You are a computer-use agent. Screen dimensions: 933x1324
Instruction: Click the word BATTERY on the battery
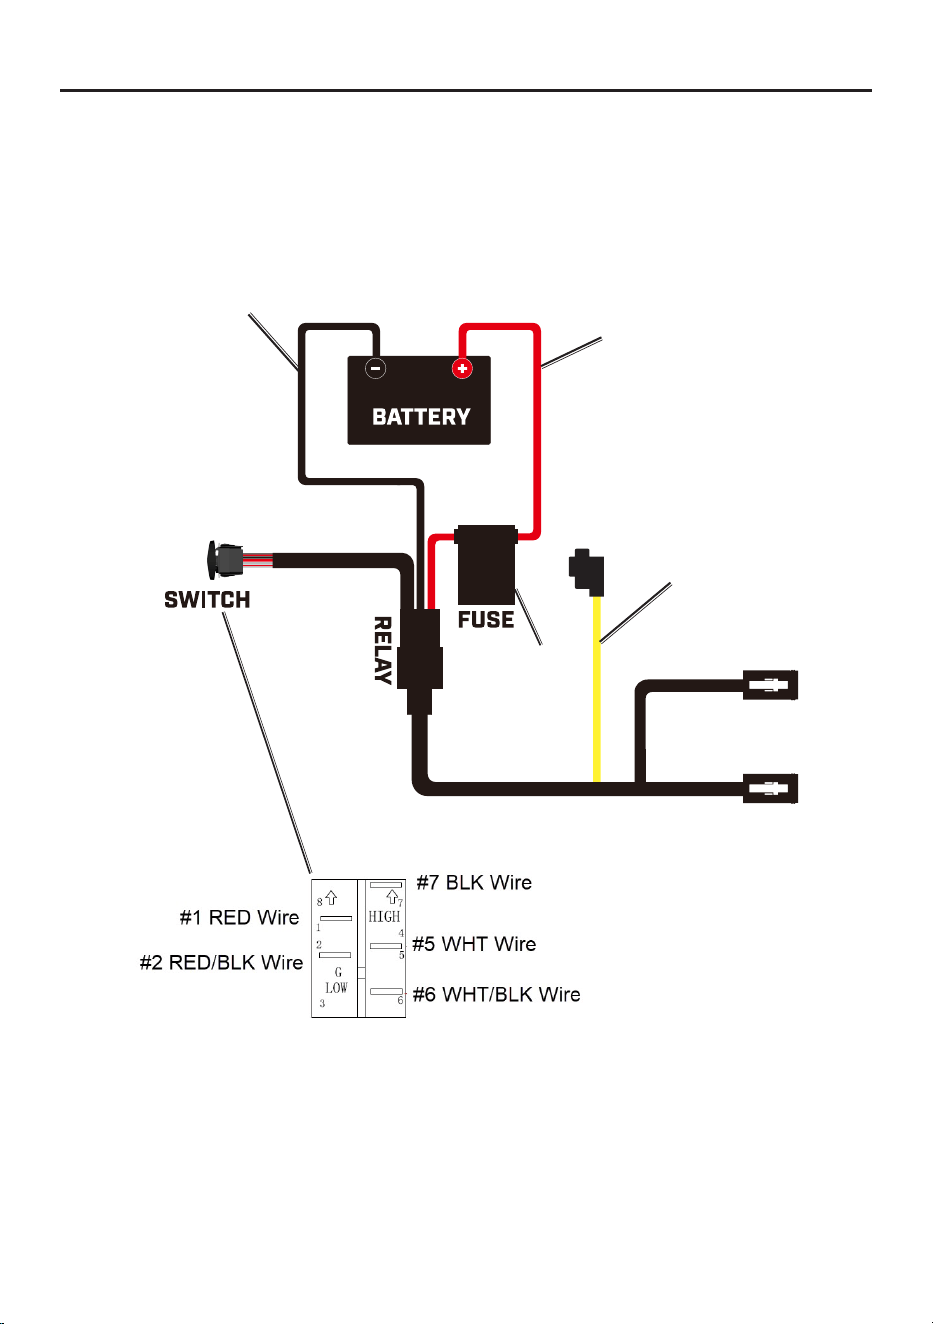pyautogui.click(x=420, y=417)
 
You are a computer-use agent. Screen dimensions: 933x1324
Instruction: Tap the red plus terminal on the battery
pyautogui.click(x=462, y=369)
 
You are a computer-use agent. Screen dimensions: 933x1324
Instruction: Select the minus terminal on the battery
pyautogui.click(x=375, y=369)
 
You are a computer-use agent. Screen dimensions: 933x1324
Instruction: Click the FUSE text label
pyautogui.click(x=486, y=619)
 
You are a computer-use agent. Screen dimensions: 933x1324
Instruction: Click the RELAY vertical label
pyautogui.click(x=383, y=650)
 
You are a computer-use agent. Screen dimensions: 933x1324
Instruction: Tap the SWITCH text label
pyautogui.click(x=207, y=599)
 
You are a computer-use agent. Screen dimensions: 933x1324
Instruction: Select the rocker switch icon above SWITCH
pyautogui.click(x=225, y=559)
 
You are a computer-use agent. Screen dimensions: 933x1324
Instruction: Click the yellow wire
pyautogui.click(x=597, y=689)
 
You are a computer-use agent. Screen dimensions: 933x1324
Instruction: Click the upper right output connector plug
pyautogui.click(x=770, y=685)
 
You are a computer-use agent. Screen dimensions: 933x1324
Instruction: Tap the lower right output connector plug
pyautogui.click(x=770, y=788)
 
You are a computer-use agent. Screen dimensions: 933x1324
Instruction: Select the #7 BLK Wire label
pyautogui.click(x=474, y=882)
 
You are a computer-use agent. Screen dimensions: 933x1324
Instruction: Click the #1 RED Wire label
pyautogui.click(x=239, y=917)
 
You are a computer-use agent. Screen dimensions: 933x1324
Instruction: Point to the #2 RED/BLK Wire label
pyautogui.click(x=221, y=962)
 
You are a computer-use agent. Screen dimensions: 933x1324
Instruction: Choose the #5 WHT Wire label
pyautogui.click(x=474, y=944)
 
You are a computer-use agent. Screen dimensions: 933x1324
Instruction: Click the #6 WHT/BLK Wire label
pyautogui.click(x=497, y=994)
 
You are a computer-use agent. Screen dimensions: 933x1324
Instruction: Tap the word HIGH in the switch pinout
pyautogui.click(x=384, y=917)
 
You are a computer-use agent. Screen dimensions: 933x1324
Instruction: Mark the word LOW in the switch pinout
pyautogui.click(x=336, y=988)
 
